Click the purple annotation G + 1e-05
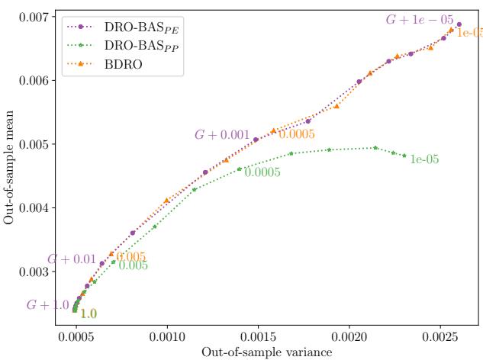420,20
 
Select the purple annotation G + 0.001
222,135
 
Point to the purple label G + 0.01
72,260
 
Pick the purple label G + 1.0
47,305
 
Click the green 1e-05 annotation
424,160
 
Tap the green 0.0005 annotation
262,173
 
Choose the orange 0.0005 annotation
297,134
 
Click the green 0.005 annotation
133,265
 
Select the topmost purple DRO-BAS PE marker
459,24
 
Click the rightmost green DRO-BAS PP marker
404,156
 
